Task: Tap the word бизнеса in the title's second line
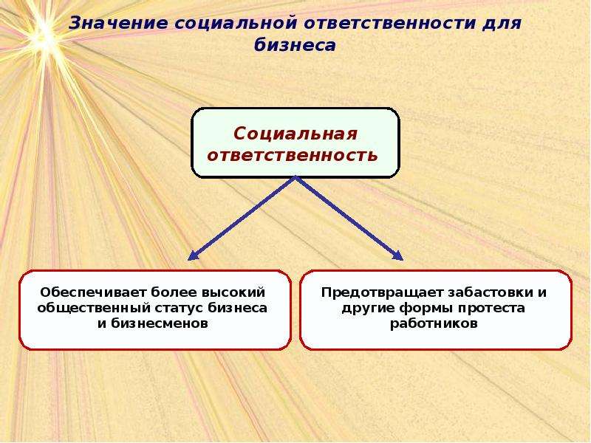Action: [295, 45]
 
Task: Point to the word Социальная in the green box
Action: [295, 134]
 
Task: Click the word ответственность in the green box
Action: [293, 155]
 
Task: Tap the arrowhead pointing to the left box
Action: [192, 255]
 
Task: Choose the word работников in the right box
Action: [434, 323]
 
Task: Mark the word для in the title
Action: [502, 24]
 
